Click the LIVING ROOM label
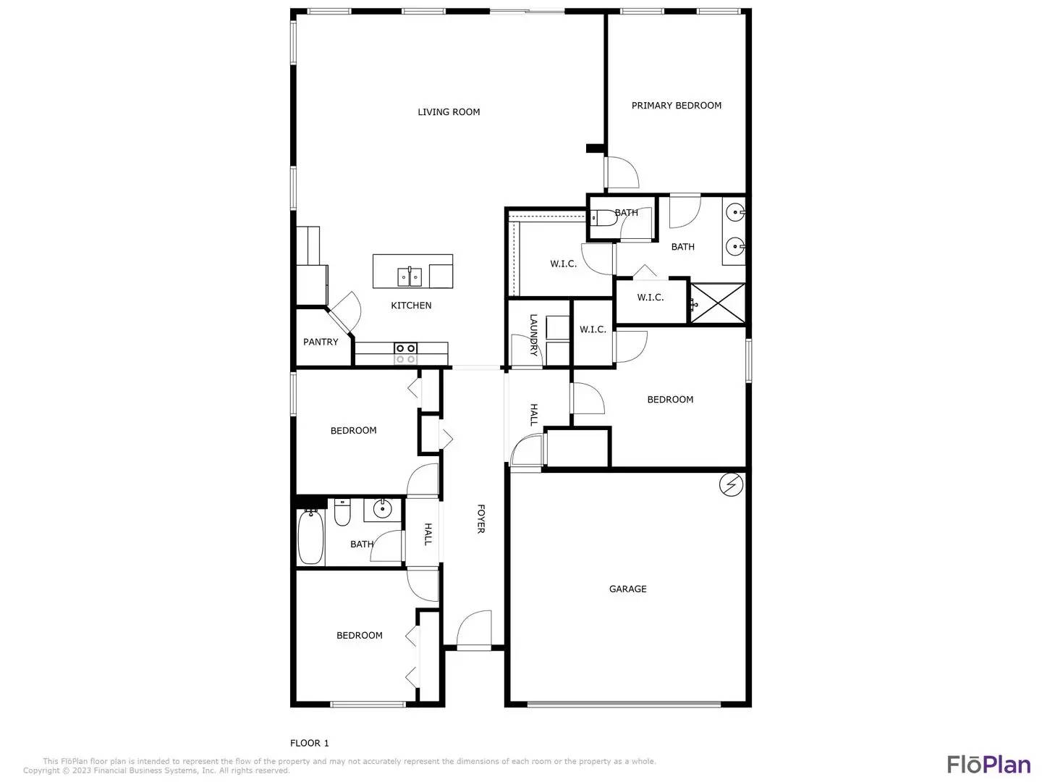449,112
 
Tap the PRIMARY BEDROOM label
676,106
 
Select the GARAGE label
627,589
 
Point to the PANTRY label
321,342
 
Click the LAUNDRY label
533,335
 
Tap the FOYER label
480,519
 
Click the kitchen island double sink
410,277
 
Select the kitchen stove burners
405,353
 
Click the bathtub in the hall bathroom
311,537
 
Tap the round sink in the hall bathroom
381,509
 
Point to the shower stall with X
717,303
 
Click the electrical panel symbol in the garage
731,485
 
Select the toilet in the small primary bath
603,218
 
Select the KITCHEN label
411,306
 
